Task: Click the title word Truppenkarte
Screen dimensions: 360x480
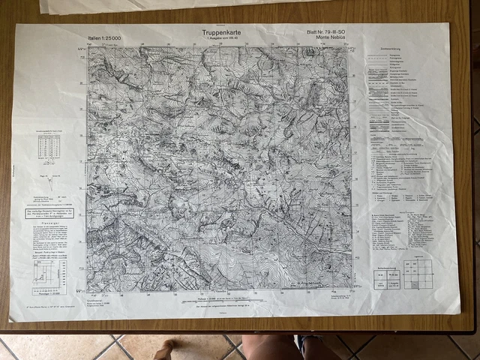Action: click(x=217, y=32)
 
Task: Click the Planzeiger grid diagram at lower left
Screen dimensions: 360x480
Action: click(x=49, y=278)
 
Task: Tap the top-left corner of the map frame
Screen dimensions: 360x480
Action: click(x=88, y=48)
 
